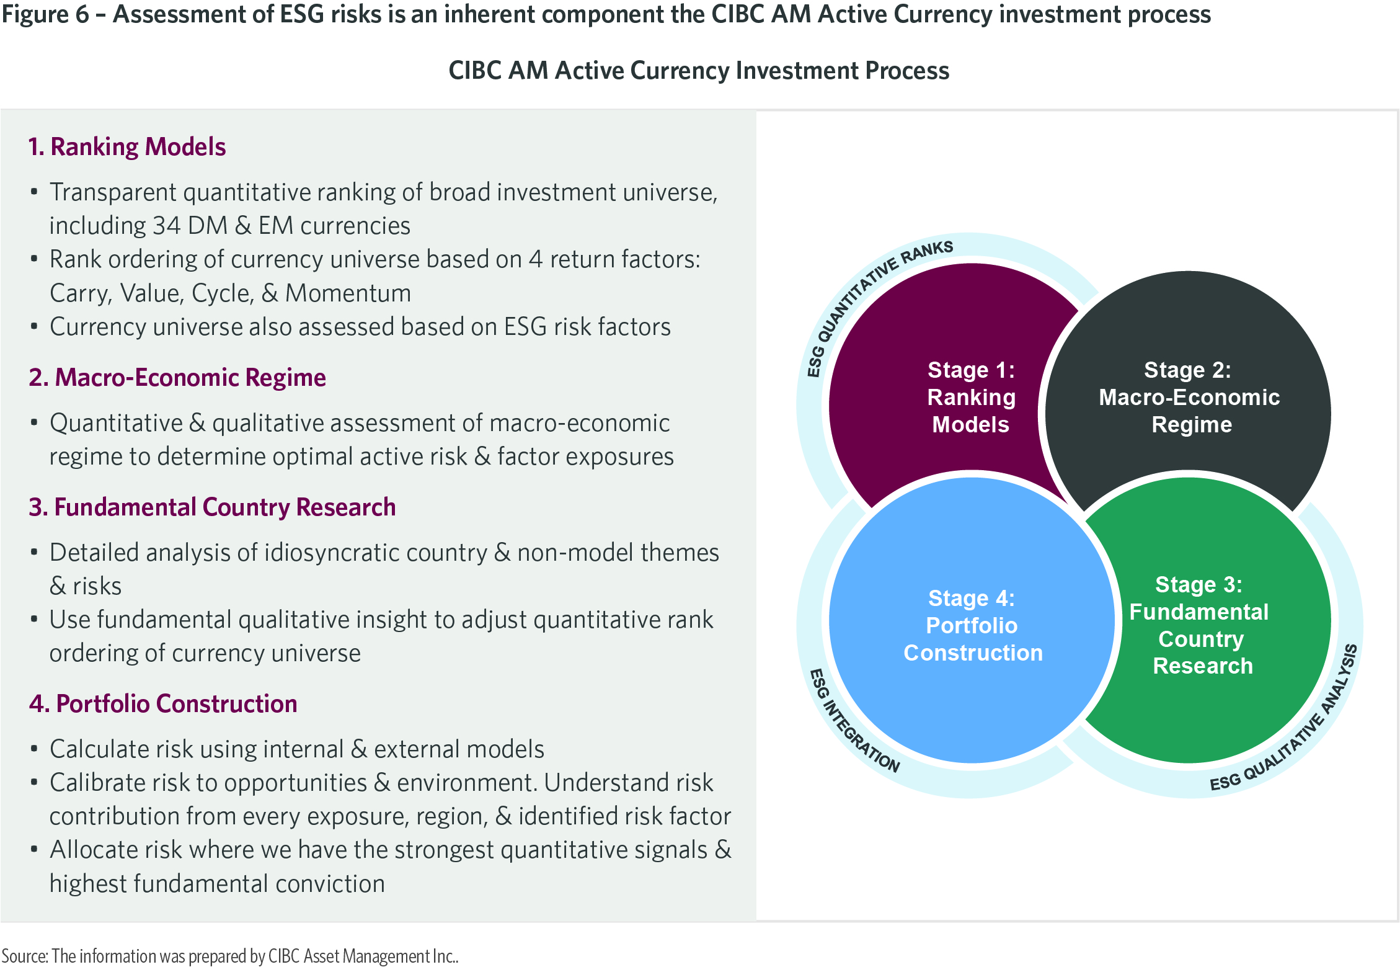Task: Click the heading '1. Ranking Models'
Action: [127, 147]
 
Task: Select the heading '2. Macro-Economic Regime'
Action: [177, 377]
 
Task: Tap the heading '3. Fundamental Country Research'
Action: [212, 507]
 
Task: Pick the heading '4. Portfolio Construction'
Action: [163, 704]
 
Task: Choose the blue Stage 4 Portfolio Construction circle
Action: [972, 620]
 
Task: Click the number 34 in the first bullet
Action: [166, 226]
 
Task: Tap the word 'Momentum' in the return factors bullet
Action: [348, 293]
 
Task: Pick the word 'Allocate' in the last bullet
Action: [94, 850]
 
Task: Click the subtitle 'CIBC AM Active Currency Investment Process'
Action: [699, 71]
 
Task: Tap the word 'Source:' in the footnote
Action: [24, 956]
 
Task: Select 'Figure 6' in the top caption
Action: [45, 14]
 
